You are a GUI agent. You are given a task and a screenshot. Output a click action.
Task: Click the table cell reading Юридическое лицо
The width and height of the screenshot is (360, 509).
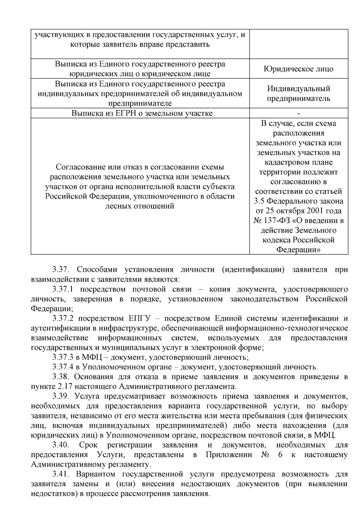[x=298, y=69]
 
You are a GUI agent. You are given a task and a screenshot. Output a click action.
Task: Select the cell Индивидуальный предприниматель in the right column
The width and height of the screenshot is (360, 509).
[x=298, y=93]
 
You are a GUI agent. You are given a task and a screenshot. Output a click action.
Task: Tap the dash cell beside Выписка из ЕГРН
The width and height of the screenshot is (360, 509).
[x=298, y=113]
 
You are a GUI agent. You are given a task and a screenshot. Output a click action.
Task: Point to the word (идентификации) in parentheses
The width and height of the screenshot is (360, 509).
[x=253, y=270]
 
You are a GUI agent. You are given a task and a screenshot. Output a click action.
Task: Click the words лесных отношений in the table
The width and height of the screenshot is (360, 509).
[x=140, y=206]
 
